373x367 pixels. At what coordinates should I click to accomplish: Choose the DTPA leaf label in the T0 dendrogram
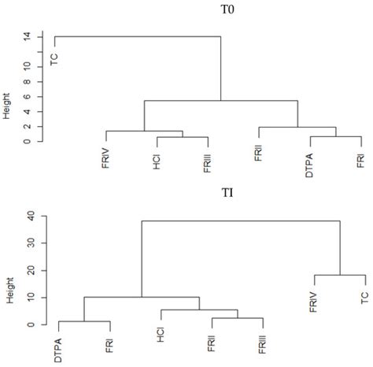[x=310, y=158]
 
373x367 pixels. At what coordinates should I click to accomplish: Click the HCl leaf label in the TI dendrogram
[x=161, y=338]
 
